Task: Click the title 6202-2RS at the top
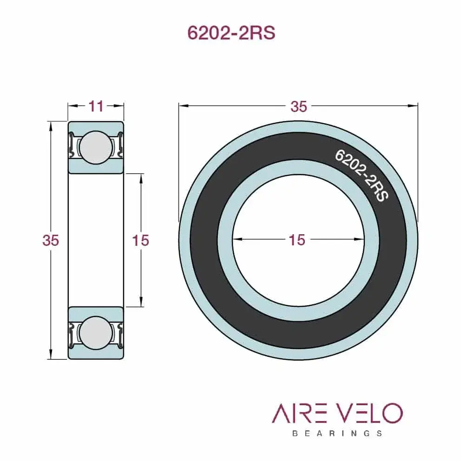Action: point(230,33)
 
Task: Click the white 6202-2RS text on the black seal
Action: point(362,175)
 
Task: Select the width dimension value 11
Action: point(96,106)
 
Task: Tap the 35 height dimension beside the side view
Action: point(50,240)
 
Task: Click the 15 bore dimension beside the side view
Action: point(140,240)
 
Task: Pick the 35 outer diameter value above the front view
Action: point(298,106)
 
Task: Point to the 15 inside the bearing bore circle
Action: point(297,240)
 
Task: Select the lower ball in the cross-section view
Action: point(96,332)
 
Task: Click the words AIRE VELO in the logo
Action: point(337,413)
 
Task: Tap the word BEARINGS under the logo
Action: point(337,433)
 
